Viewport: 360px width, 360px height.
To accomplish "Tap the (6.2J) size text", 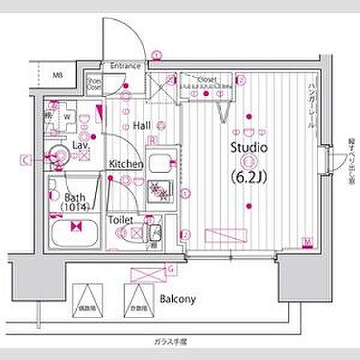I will click(x=248, y=178).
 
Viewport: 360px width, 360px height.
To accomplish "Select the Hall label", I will click(x=142, y=125).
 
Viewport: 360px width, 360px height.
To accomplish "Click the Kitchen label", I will click(x=126, y=164).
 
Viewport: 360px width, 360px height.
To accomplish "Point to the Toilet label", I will click(x=121, y=220).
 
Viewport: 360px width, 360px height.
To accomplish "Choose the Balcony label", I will click(x=178, y=298).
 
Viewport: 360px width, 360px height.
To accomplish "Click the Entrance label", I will click(x=125, y=65).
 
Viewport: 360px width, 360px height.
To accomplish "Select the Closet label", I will click(x=207, y=79).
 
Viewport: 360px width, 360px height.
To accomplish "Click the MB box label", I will click(x=58, y=76).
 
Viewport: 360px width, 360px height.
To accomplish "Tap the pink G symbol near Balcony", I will click(x=171, y=268).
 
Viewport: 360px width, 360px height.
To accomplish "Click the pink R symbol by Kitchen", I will click(x=154, y=141).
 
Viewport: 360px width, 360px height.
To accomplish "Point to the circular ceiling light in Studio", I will click(x=247, y=161).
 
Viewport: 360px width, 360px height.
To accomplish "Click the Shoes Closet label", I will click(x=94, y=83).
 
